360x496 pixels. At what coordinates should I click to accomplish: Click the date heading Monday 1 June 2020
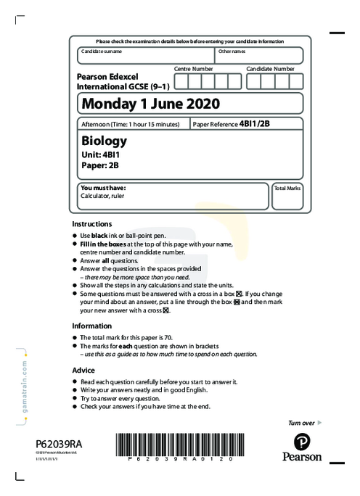coord(150,104)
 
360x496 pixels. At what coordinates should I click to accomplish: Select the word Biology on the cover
coord(105,140)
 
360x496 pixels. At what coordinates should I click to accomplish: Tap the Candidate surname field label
coord(102,51)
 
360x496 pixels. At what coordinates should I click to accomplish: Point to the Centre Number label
coord(193,68)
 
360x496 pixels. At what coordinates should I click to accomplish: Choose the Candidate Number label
coord(270,68)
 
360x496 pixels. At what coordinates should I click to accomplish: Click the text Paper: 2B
coord(100,165)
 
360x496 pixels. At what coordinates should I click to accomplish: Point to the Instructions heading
coord(92,224)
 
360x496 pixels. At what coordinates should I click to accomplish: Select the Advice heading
coord(83,370)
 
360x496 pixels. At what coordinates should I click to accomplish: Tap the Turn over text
coord(301,422)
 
